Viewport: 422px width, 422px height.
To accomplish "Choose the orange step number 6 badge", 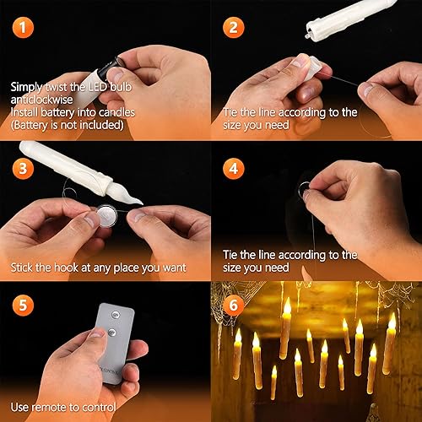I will click(233, 303).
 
